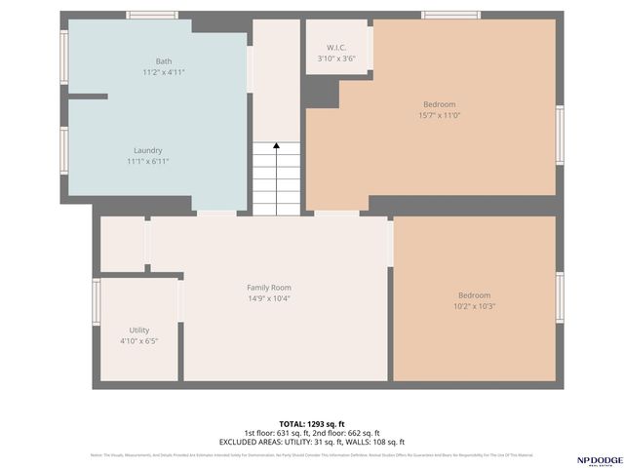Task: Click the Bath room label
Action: coord(163,61)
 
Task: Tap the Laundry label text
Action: coord(147,150)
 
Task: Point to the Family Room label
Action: coord(268,288)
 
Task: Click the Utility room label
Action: coord(139,331)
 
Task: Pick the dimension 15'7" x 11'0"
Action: coord(439,115)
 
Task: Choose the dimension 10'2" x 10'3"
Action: coord(475,306)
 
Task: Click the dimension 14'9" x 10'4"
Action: coord(268,298)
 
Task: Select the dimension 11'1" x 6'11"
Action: coord(147,161)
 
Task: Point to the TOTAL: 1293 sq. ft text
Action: coord(311,424)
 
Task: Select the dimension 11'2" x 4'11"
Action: coord(163,72)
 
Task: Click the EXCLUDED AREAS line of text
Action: coord(311,442)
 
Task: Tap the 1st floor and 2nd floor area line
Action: coord(311,433)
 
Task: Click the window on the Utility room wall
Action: coord(96,300)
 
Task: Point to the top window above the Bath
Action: coord(152,14)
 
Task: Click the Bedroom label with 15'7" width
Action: coord(439,104)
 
